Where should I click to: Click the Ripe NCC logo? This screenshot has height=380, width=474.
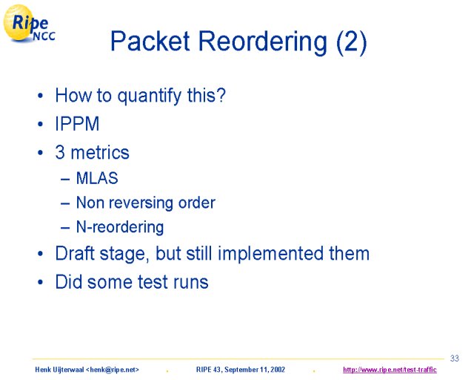tap(29, 24)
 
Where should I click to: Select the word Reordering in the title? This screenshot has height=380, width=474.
tap(263, 43)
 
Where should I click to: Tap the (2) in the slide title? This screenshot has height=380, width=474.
tap(352, 42)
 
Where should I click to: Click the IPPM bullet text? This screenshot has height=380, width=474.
tap(77, 124)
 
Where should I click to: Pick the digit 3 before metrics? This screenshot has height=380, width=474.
tap(60, 152)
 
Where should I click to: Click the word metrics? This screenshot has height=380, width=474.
tap(100, 152)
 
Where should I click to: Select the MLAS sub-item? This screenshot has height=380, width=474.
tap(97, 178)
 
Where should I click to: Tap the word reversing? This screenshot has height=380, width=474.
tap(141, 203)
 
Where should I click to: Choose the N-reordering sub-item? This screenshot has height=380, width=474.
tap(120, 227)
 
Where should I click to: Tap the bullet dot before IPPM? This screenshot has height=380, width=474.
tap(41, 124)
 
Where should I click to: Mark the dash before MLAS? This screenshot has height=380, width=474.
tap(65, 178)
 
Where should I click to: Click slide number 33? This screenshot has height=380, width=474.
tap(454, 358)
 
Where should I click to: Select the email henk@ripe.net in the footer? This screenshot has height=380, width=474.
tap(113, 370)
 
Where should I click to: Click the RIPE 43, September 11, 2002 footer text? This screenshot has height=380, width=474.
tap(240, 370)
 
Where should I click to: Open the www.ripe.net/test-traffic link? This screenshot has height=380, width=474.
tap(390, 370)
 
